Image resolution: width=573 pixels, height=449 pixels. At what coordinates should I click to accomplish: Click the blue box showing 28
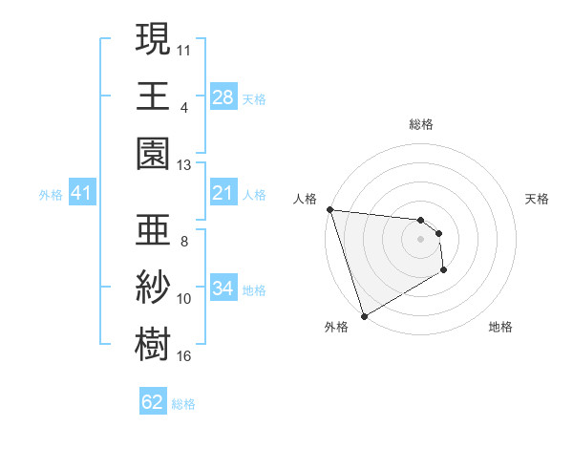click(x=223, y=96)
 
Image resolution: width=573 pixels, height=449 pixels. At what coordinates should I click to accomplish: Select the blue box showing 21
click(x=223, y=194)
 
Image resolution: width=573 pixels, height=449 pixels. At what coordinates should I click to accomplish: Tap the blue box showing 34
click(x=223, y=289)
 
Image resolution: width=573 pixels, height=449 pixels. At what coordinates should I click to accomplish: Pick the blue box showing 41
click(x=82, y=194)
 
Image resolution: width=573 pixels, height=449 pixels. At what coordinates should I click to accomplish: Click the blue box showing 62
click(x=153, y=402)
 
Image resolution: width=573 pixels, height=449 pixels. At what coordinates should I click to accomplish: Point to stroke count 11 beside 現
click(x=184, y=48)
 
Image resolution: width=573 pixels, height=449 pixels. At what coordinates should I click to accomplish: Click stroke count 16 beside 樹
click(x=184, y=356)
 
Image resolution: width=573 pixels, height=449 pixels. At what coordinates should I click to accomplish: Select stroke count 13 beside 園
click(x=184, y=164)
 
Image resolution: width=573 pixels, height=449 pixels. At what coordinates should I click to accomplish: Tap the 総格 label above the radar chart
click(x=421, y=124)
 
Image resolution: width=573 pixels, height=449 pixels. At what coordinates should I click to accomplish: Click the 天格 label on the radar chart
click(x=537, y=199)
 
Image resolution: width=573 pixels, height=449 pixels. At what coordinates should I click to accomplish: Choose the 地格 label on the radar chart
click(x=500, y=327)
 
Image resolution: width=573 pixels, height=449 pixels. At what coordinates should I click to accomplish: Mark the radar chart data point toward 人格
click(x=329, y=209)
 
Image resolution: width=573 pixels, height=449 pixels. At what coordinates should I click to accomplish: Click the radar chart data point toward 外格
click(x=364, y=315)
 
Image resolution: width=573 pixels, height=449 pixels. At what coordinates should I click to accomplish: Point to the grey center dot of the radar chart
click(x=421, y=239)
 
